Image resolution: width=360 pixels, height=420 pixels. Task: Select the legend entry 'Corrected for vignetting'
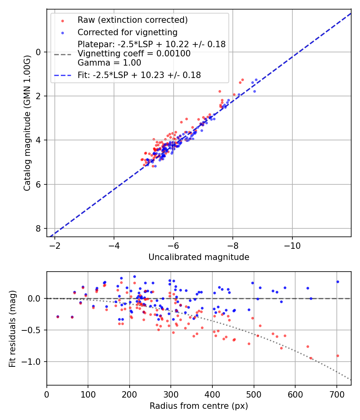[x=127, y=32]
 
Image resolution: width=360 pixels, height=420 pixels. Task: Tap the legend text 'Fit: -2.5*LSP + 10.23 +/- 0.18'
[x=139, y=75]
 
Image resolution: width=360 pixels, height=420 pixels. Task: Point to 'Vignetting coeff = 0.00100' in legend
[x=134, y=54]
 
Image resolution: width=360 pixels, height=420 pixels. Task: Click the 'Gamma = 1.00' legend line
[x=109, y=63]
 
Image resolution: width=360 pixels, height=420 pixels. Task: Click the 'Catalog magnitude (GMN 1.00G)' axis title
[x=27, y=122]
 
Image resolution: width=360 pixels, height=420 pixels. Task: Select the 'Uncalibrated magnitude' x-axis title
[x=199, y=257]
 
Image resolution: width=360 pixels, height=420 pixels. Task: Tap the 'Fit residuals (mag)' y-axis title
[x=12, y=328]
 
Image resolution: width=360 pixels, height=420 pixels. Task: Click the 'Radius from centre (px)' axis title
[x=199, y=406]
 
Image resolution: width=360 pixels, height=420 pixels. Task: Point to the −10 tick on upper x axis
[x=292, y=245]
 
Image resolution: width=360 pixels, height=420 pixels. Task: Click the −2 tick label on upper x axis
[x=55, y=245]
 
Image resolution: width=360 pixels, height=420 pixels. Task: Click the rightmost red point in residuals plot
[x=338, y=356]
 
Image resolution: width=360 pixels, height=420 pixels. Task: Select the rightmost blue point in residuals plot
[x=338, y=282]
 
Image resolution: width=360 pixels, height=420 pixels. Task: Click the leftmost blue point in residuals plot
[x=58, y=316]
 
